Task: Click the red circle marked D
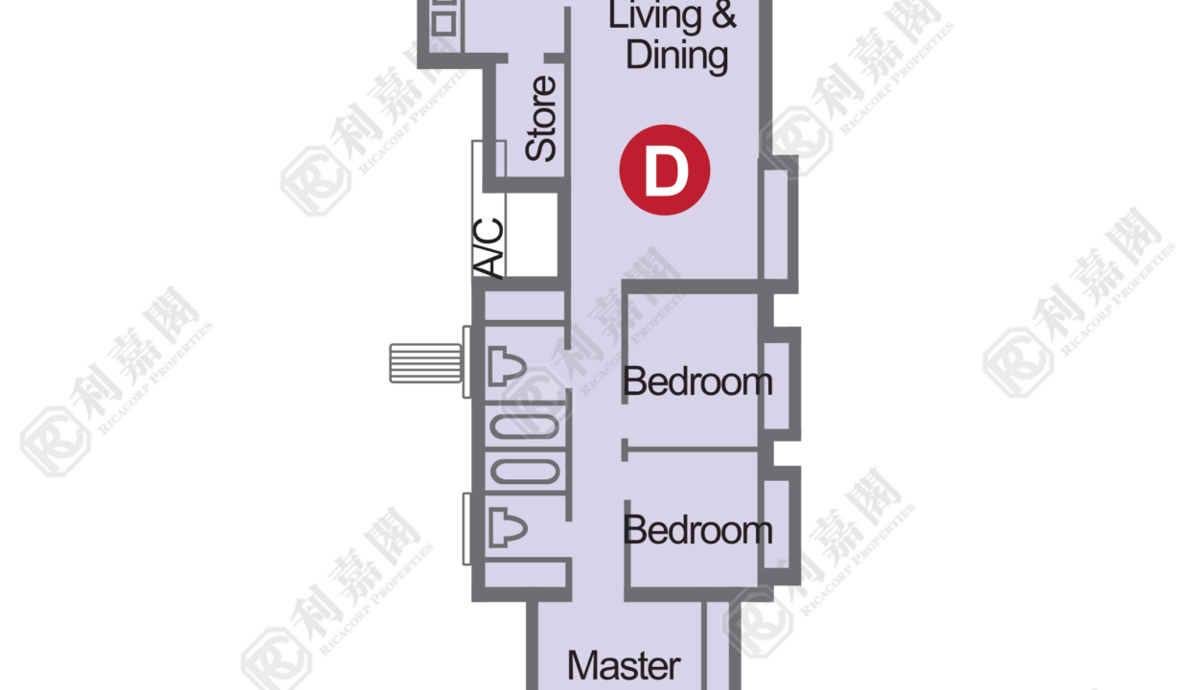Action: pyautogui.click(x=665, y=170)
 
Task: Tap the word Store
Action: pyautogui.click(x=540, y=119)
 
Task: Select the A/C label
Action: pyautogui.click(x=488, y=248)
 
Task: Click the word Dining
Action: pyautogui.click(x=676, y=57)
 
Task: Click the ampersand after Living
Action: pyautogui.click(x=724, y=14)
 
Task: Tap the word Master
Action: pyautogui.click(x=624, y=666)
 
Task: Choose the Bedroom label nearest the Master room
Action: pyautogui.click(x=697, y=530)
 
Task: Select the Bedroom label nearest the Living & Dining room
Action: pyautogui.click(x=697, y=380)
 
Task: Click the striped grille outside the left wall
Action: pyautogui.click(x=425, y=363)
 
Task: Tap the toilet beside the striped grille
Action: pyautogui.click(x=507, y=366)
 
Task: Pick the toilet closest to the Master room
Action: pyautogui.click(x=508, y=527)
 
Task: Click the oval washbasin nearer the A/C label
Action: pyautogui.click(x=525, y=426)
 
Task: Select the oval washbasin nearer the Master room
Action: pyautogui.click(x=525, y=471)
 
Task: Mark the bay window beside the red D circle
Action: pyautogui.click(x=778, y=224)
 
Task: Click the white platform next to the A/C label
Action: pyautogui.click(x=531, y=235)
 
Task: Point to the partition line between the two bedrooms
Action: pyautogui.click(x=690, y=449)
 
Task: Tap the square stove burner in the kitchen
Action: pyautogui.click(x=444, y=24)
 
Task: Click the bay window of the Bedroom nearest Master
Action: pyautogui.click(x=780, y=525)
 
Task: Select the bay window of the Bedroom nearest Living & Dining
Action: pyautogui.click(x=780, y=383)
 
